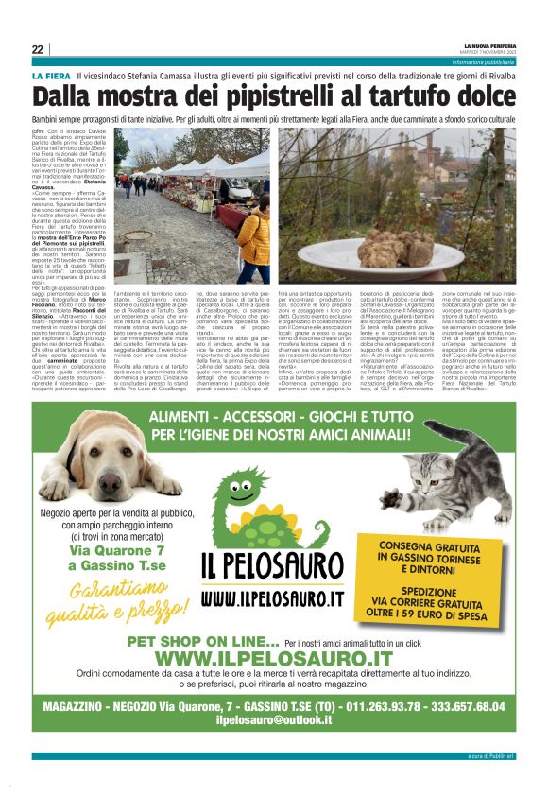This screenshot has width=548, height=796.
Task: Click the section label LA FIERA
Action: coord(51,75)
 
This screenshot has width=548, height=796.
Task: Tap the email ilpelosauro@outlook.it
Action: coord(273,719)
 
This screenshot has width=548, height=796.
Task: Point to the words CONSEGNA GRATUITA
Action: coord(436,545)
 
